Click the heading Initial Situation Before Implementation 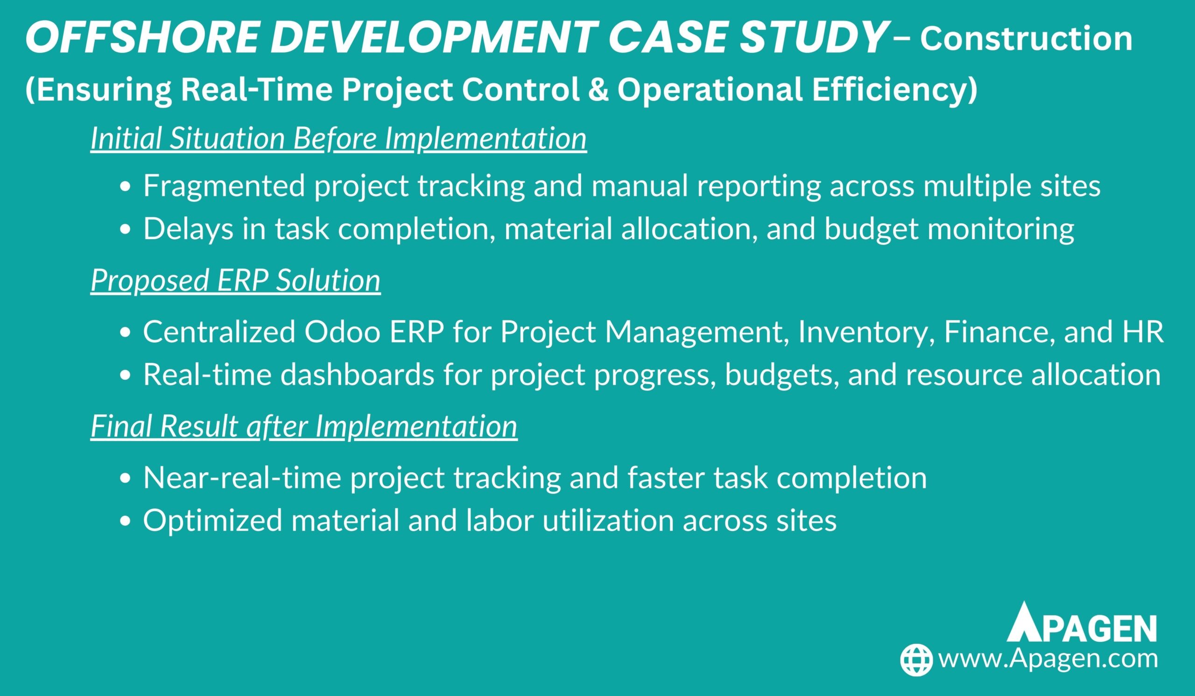click(x=338, y=139)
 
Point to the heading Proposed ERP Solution click(x=236, y=280)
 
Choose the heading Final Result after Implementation click(x=304, y=426)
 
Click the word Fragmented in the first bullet click(x=224, y=186)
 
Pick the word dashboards click(x=357, y=375)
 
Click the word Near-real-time click(x=242, y=478)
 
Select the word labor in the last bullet click(x=499, y=520)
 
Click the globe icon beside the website click(x=917, y=660)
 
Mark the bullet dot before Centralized click(x=125, y=334)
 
